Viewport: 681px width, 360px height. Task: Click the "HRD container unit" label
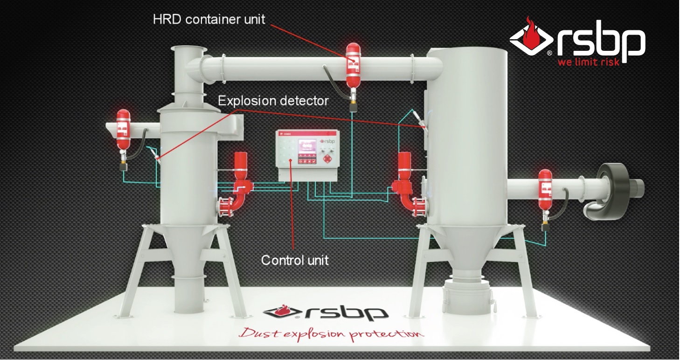[208, 19]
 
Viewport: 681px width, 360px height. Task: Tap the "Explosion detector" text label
[273, 101]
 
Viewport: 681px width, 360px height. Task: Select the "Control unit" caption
[294, 260]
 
